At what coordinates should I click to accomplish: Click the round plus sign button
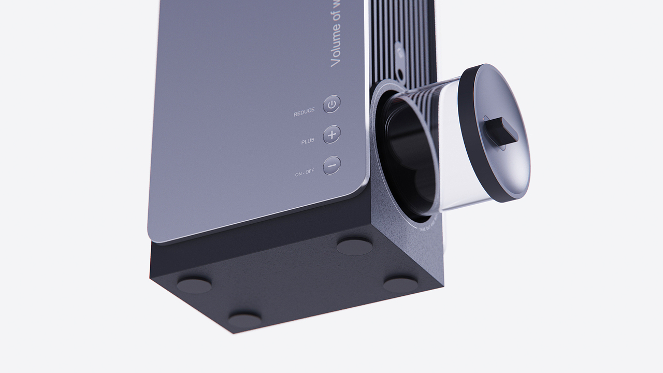coord(332,134)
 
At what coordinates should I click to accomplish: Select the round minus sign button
coord(332,165)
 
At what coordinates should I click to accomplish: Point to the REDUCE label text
coord(304,112)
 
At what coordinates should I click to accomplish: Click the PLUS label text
coord(308,141)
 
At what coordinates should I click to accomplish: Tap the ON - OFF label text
coord(305,174)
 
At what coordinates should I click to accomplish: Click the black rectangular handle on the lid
coord(502,131)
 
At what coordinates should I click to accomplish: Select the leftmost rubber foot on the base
coord(194,284)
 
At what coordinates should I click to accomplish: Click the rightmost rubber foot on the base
coord(400,284)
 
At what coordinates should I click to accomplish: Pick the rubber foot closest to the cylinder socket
coord(354,246)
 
